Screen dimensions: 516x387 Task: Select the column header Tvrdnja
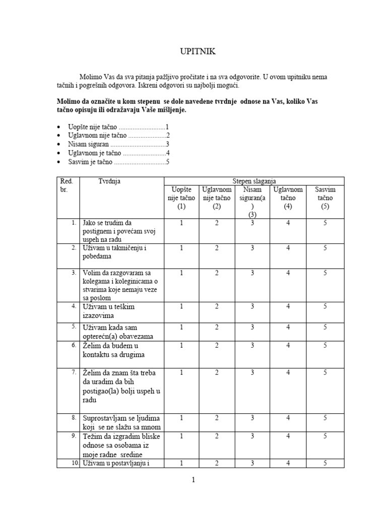coord(109,181)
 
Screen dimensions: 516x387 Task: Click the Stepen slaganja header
coord(254,181)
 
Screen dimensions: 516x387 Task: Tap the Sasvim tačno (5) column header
coord(325,198)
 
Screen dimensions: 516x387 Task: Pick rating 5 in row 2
coord(325,248)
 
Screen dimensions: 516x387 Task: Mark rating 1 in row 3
coord(181,273)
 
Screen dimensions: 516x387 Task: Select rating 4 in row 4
coord(288,306)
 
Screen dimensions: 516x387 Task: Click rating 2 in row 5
coord(217,327)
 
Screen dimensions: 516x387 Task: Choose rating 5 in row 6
coord(325,345)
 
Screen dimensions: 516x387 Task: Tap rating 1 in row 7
coord(181,372)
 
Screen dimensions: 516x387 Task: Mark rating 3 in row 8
coord(252,418)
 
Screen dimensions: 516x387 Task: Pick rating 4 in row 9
coord(288,436)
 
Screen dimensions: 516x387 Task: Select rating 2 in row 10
coord(217,463)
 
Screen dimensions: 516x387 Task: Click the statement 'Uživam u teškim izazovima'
coord(108,311)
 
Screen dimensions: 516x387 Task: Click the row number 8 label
coord(74,418)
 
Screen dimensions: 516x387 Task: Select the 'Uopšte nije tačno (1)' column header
coord(181,198)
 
